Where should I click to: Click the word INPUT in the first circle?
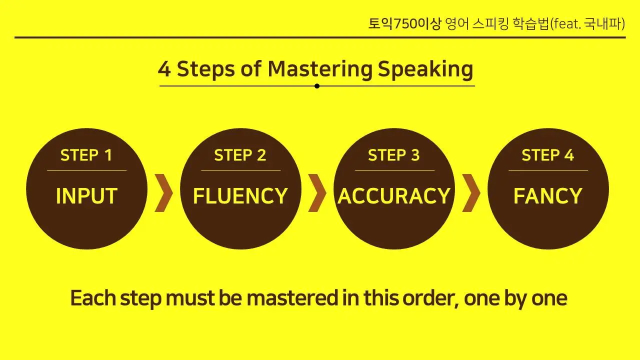86,196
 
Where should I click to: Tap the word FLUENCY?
240,196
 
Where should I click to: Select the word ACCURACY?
394,196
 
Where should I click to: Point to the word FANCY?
547,196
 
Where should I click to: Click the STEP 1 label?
86,155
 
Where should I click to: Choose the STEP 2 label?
240,155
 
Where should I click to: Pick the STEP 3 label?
394,155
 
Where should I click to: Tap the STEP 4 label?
547,155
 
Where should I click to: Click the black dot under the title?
317,86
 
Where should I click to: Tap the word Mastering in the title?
320,69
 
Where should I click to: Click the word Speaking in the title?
425,69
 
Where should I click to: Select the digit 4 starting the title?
164,69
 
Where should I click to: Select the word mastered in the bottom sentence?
292,298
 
